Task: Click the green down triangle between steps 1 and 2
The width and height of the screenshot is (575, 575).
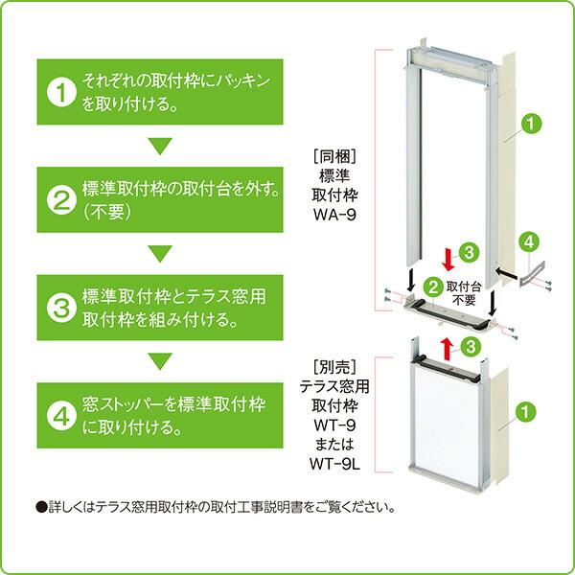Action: pos(160,147)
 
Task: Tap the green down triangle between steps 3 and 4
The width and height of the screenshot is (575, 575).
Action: pos(160,361)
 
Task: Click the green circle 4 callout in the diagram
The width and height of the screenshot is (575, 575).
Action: pos(526,242)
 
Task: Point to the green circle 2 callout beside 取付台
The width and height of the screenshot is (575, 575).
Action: pos(433,286)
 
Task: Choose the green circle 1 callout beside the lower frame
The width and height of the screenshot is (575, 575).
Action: pos(525,412)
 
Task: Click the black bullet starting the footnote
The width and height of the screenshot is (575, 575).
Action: pos(40,507)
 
